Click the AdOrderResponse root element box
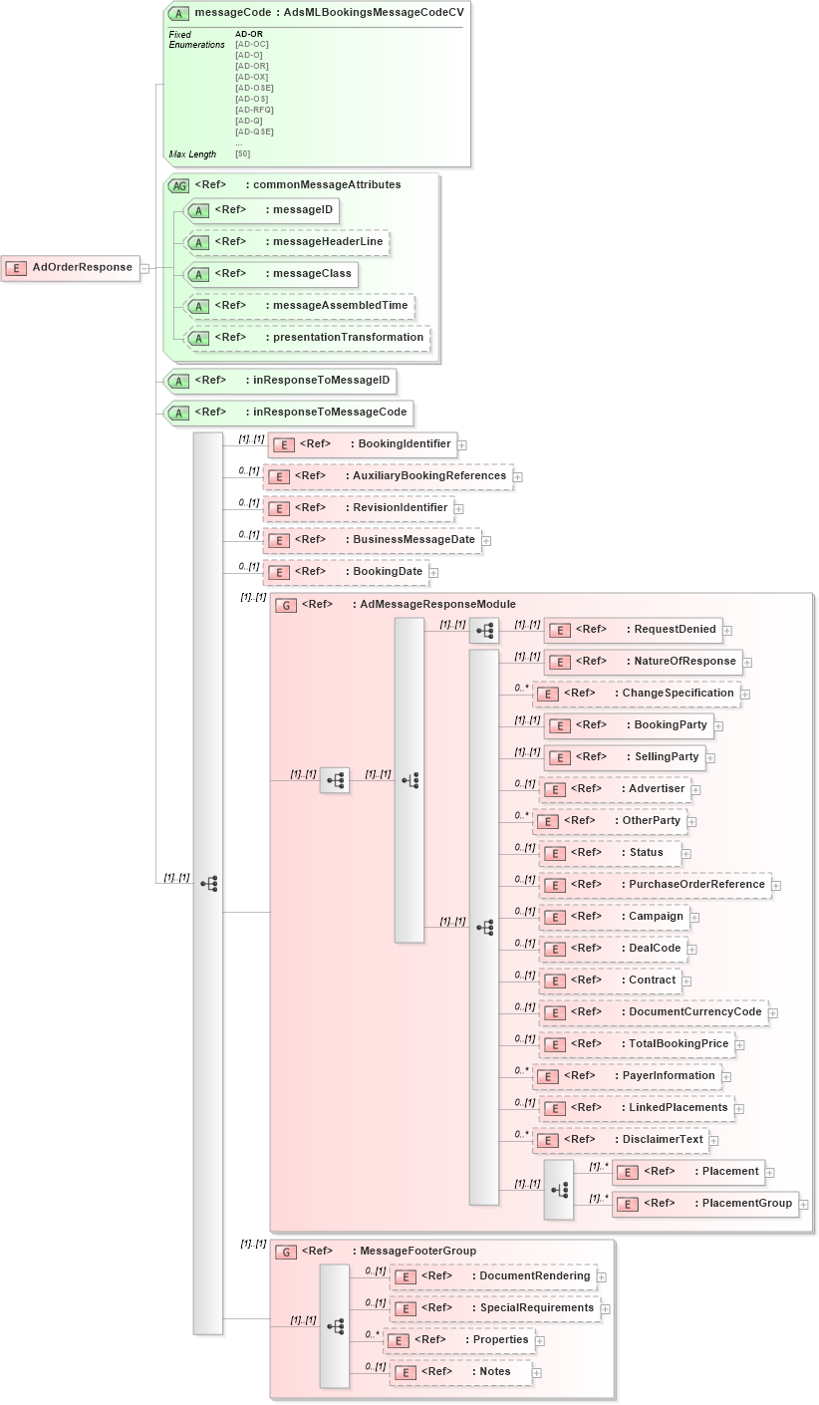[x=71, y=267]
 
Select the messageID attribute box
[x=263, y=210]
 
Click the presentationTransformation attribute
[x=308, y=337]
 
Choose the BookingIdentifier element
[x=363, y=443]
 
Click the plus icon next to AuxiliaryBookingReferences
[x=518, y=477]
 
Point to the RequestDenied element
[x=633, y=629]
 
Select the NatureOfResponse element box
[x=643, y=661]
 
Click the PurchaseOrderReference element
[x=655, y=884]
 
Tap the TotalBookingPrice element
[x=637, y=1043]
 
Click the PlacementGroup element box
[x=705, y=1203]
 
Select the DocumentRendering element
[x=492, y=1275]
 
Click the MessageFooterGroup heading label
[x=389, y=1251]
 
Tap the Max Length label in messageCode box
[x=192, y=154]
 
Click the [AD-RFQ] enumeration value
[x=254, y=110]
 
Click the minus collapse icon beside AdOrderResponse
[x=144, y=268]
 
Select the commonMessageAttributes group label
[x=299, y=184]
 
